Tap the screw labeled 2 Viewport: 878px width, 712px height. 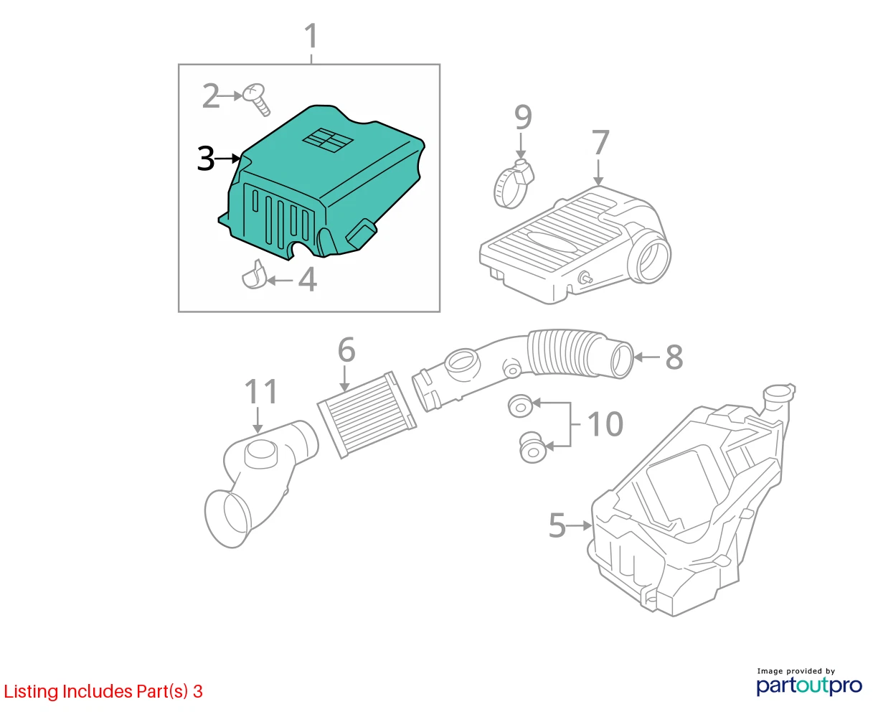coord(257,100)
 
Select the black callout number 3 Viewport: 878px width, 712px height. coord(206,159)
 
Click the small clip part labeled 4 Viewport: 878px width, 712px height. coord(253,275)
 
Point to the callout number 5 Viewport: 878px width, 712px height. coord(557,525)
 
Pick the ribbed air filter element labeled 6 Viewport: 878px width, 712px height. coord(367,414)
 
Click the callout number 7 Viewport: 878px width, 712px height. coord(600,142)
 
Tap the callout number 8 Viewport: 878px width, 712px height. coord(674,357)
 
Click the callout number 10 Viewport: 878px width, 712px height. coord(605,423)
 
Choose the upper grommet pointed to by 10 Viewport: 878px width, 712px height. coord(520,406)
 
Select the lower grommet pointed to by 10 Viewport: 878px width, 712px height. coord(532,447)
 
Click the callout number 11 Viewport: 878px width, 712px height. coord(261,391)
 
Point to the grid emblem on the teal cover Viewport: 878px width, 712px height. coord(328,140)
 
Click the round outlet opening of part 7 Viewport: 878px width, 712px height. coord(653,256)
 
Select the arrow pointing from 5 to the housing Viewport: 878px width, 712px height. coord(579,525)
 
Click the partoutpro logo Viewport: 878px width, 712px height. coord(809,685)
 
